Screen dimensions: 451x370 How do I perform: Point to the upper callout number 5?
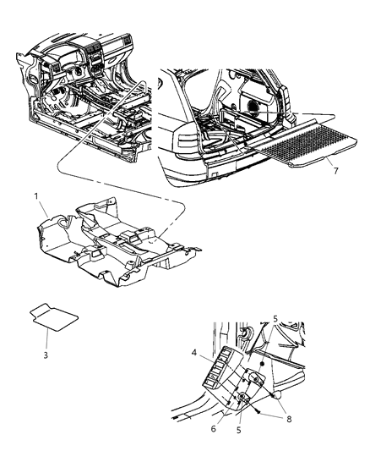[275, 319]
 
